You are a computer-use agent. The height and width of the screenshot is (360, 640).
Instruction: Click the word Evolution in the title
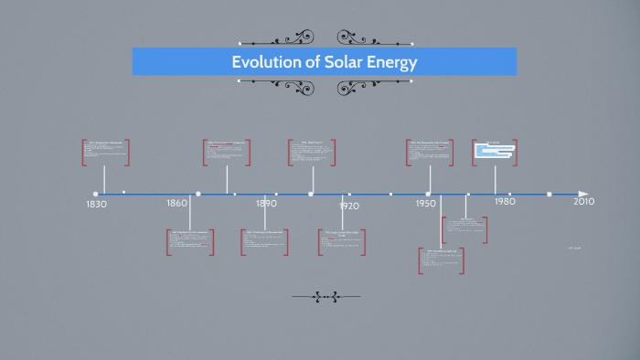pos(262,62)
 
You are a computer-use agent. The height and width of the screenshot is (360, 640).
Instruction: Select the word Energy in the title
pos(389,62)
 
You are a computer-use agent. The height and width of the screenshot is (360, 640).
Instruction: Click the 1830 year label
pos(96,204)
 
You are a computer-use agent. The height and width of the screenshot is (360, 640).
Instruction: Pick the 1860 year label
pos(177,203)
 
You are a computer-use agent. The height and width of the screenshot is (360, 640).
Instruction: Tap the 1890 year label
pos(266,203)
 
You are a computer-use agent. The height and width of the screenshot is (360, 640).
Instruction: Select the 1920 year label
pos(348,206)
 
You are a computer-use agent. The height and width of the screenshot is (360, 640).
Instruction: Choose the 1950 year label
pos(425,202)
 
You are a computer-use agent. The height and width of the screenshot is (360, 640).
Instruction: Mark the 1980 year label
pos(504,201)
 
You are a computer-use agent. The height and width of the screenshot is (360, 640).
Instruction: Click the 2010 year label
pos(583,201)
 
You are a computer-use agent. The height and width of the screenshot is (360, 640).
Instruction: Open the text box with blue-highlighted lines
pos(496,152)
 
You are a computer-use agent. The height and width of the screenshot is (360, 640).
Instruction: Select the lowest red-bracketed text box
pos(442,260)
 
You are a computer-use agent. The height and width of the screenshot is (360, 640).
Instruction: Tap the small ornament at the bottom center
pos(325,296)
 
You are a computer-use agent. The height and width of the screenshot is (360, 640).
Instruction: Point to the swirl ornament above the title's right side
pos(353,37)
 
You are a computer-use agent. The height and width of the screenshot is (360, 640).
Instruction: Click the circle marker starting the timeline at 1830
pos(95,194)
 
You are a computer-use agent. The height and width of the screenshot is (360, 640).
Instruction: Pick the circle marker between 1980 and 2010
pos(549,194)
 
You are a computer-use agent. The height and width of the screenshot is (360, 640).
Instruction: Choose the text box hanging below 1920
pos(344,242)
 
